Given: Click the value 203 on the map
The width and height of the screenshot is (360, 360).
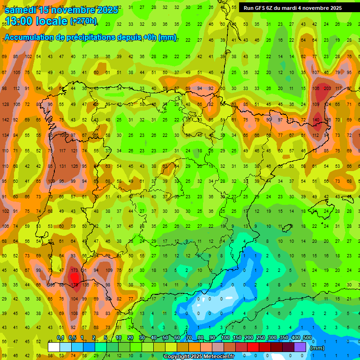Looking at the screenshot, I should (327, 88).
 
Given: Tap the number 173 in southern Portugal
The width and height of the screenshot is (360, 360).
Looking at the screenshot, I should (74, 270).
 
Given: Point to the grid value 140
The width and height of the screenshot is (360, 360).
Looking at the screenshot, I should (316, 120).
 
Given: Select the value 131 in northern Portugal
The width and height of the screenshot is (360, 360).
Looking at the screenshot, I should (62, 165).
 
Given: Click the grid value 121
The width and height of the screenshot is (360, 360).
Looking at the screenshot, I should (74, 150).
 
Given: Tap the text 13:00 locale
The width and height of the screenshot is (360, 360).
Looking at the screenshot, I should (36, 21).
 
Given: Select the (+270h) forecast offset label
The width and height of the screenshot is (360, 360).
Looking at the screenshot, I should (83, 21).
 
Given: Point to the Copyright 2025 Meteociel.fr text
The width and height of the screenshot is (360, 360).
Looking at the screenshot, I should (199, 356).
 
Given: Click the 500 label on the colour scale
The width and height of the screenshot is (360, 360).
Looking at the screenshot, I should (307, 338).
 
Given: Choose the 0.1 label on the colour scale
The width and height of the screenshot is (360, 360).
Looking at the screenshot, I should (60, 338).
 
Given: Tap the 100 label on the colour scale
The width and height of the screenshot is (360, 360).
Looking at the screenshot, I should (225, 338).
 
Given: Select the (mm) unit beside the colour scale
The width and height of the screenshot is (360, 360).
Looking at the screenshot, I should (318, 348).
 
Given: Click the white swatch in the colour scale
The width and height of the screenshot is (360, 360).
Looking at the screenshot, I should (54, 347).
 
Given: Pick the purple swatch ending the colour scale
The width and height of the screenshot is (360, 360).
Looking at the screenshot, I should (300, 347).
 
